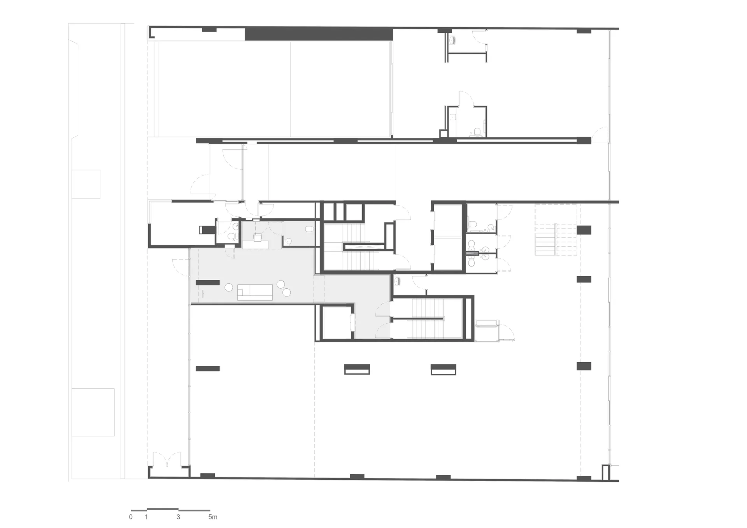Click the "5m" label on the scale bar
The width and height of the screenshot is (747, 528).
[213, 517]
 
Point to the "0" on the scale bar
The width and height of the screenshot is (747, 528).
[131, 517]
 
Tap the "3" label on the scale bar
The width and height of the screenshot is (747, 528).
[179, 517]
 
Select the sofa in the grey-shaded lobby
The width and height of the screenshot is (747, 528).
[255, 292]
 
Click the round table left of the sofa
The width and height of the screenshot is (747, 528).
[229, 288]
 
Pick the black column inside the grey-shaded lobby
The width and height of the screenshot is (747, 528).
[207, 282]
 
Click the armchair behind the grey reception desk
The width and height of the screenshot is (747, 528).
[258, 237]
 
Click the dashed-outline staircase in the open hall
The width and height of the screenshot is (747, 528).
[556, 230]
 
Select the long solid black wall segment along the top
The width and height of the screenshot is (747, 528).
[319, 34]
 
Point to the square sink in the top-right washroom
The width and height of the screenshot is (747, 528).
[453, 116]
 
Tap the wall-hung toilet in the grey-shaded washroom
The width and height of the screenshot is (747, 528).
[310, 229]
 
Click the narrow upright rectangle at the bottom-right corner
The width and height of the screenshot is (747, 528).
[605, 472]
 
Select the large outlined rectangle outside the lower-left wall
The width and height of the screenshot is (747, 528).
[93, 412]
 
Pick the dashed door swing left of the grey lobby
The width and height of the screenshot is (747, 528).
[181, 268]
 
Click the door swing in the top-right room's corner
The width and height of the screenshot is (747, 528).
[600, 135]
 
